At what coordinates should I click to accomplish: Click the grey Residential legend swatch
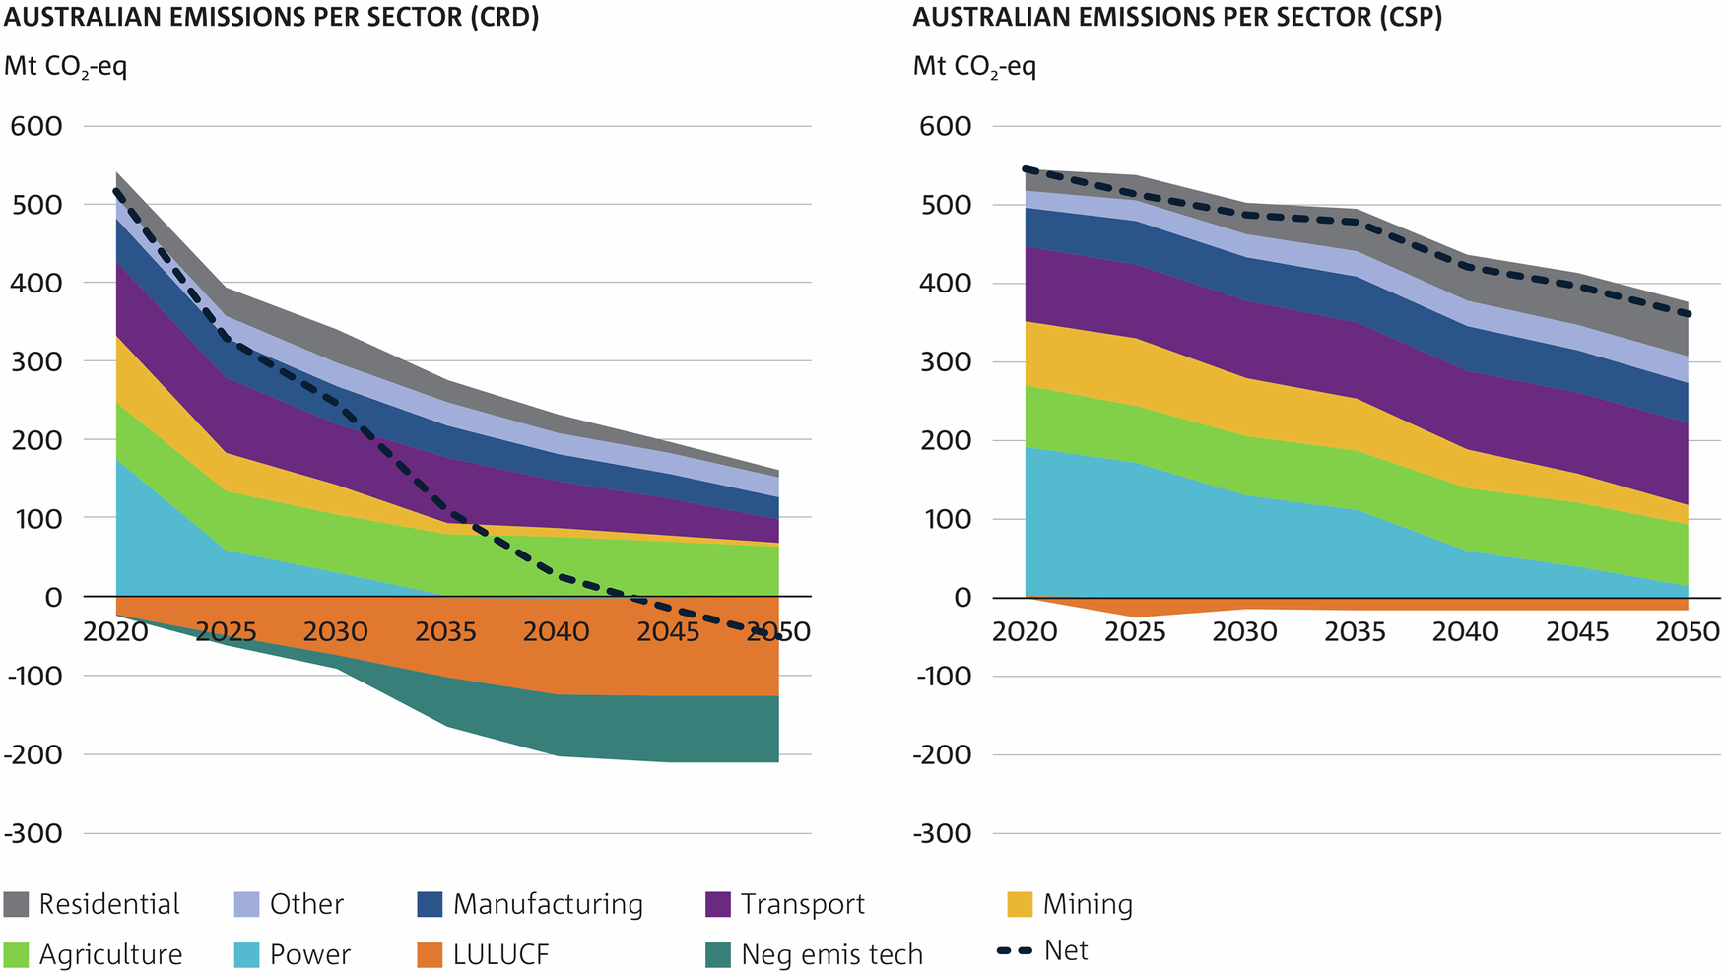(x=16, y=904)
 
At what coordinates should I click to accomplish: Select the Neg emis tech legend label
(x=831, y=954)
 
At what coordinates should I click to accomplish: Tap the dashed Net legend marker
(x=1015, y=951)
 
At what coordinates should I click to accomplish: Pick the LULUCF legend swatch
(x=430, y=954)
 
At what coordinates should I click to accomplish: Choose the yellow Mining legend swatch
(x=1020, y=904)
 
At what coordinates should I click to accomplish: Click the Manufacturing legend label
(x=548, y=904)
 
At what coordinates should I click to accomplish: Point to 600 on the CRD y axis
(x=36, y=126)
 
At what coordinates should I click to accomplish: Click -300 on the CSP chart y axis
(x=943, y=833)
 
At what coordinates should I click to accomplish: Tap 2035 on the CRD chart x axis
(x=445, y=631)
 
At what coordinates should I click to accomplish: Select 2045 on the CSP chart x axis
(x=1576, y=631)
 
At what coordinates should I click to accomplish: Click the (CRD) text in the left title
(x=503, y=18)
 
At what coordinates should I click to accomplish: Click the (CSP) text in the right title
(x=1408, y=18)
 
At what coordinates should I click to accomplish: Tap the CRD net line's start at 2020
(x=116, y=192)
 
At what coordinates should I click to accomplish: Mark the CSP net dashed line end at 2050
(x=1687, y=313)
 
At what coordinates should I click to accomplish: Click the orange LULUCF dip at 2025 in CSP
(x=1136, y=611)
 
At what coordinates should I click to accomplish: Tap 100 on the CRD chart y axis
(x=36, y=518)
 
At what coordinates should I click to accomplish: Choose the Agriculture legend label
(x=110, y=954)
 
